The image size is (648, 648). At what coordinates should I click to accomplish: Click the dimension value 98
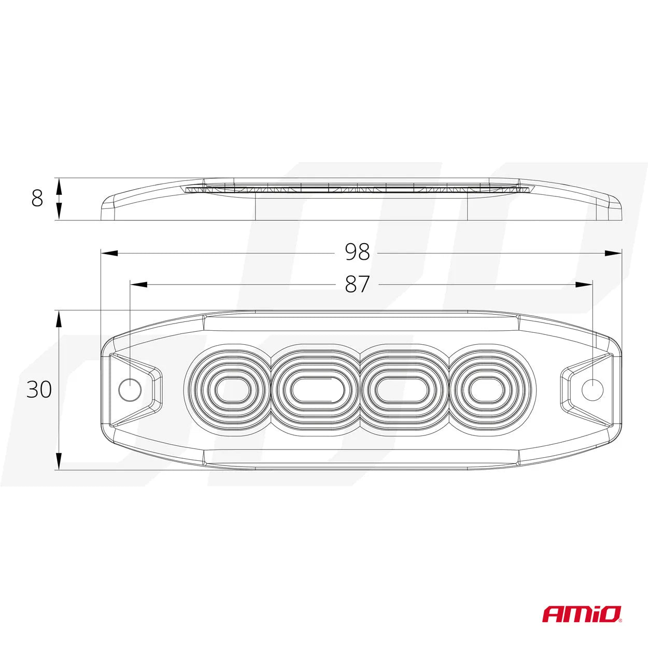click(357, 252)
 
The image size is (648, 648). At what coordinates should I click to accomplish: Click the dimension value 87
click(357, 284)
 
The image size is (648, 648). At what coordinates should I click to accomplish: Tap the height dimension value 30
click(39, 389)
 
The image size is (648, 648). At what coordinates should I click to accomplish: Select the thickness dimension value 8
click(37, 199)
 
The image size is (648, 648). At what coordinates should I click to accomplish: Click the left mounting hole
click(130, 389)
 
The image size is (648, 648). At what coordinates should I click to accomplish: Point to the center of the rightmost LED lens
click(486, 389)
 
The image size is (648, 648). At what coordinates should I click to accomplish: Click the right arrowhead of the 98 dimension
click(614, 253)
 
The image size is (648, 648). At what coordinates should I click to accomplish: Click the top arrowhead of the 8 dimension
click(59, 185)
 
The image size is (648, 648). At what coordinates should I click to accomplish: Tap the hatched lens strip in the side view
click(358, 190)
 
